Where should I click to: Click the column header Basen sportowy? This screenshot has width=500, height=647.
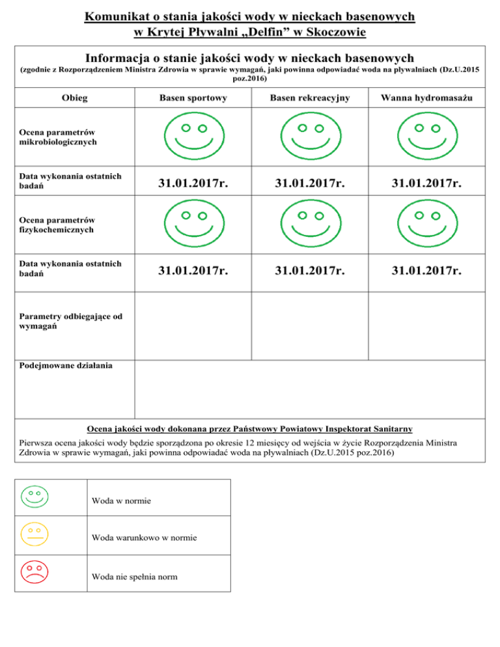pos(193,98)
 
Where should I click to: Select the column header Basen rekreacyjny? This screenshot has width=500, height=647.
pos(310,98)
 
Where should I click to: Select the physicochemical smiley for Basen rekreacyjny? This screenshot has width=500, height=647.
pos(310,225)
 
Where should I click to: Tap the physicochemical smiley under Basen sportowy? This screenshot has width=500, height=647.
pos(193,225)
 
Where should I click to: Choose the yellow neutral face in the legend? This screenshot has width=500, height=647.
pos(35,534)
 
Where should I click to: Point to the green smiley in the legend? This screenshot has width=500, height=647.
pos(35,497)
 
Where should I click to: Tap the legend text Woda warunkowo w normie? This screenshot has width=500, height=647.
pos(145,538)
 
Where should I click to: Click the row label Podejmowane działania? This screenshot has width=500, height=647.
pos(65,365)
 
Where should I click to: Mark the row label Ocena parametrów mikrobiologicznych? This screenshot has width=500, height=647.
pos(57,135)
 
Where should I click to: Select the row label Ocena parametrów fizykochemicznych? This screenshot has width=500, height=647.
pos(57,225)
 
